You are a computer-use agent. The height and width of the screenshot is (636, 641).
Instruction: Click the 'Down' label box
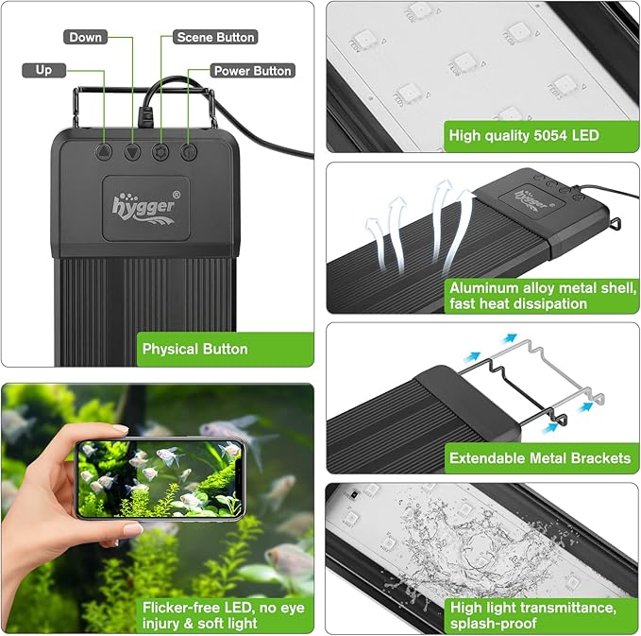[x=85, y=37]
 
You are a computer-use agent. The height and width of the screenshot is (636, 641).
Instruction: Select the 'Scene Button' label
[x=215, y=37]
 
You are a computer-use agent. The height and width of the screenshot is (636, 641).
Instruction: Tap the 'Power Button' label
[x=252, y=71]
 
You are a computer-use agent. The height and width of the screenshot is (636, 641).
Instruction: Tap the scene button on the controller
[x=160, y=150]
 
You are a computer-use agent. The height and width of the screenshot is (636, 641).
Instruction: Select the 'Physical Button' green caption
[x=194, y=349]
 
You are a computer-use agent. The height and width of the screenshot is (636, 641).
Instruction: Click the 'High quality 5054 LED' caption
[x=523, y=135]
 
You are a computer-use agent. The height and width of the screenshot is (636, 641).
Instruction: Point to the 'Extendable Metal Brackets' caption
[x=539, y=458]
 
